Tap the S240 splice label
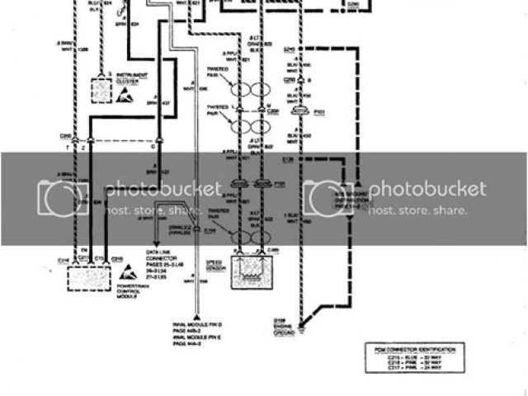289,49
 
